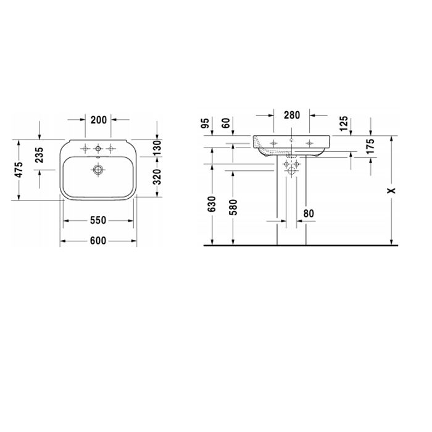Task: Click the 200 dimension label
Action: tap(99, 120)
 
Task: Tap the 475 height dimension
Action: tap(19, 170)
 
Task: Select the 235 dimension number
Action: tap(39, 155)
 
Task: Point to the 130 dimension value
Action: tap(157, 148)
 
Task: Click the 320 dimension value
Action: tap(157, 177)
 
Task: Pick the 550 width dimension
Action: tap(98, 220)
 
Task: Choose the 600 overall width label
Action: tap(98, 241)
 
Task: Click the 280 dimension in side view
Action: tap(292, 115)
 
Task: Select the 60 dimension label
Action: tap(226, 123)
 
